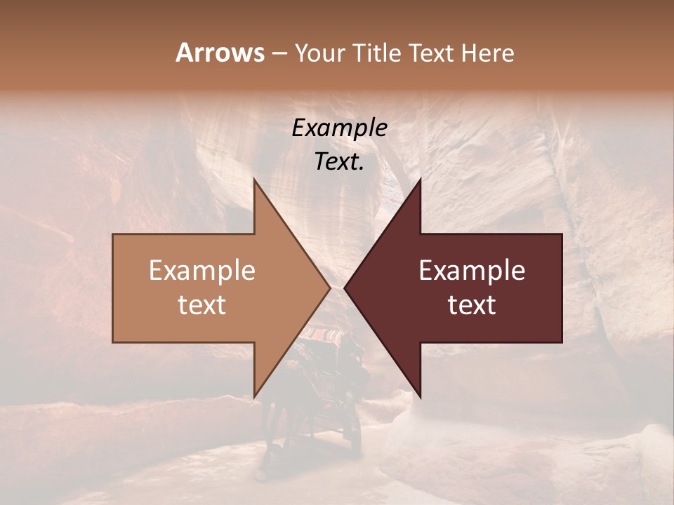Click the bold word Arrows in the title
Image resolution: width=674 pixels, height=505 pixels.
point(220,53)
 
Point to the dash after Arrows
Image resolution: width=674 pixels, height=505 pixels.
point(279,53)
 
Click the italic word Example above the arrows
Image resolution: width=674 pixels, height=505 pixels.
point(340,128)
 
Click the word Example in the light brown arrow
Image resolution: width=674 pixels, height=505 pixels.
point(202,270)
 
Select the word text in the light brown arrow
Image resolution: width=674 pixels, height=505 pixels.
point(202,304)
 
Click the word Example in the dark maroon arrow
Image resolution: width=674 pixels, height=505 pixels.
point(472,270)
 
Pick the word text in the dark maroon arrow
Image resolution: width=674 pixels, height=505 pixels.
point(472,304)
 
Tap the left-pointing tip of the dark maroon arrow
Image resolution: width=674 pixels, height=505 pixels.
point(345,288)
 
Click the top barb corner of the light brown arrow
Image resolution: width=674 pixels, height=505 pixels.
point(254,180)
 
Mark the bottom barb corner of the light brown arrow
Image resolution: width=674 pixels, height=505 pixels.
point(254,396)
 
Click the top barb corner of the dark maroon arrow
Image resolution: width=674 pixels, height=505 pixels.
point(420,180)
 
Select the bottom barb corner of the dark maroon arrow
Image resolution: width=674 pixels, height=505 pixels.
point(420,396)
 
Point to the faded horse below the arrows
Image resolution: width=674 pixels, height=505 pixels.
point(277,428)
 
